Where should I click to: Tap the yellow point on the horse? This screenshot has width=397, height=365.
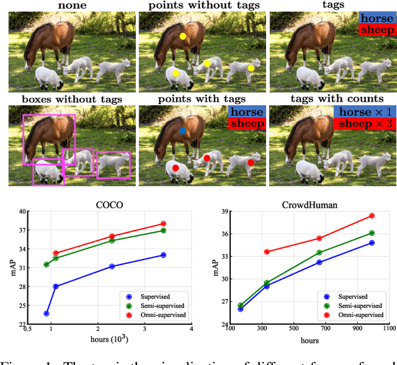click(x=182, y=37)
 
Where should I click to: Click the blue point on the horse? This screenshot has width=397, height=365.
click(x=182, y=131)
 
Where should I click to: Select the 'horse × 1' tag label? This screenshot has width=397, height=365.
click(x=363, y=112)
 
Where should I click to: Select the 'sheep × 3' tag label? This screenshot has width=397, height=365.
click(x=363, y=124)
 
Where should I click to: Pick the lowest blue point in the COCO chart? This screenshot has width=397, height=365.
click(x=47, y=314)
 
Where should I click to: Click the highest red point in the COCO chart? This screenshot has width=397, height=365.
click(x=164, y=224)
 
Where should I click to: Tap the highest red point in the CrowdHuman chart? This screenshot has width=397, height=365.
click(x=372, y=216)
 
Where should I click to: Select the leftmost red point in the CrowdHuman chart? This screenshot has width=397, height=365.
click(x=267, y=252)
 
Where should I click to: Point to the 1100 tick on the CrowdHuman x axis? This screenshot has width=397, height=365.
click(x=388, y=330)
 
